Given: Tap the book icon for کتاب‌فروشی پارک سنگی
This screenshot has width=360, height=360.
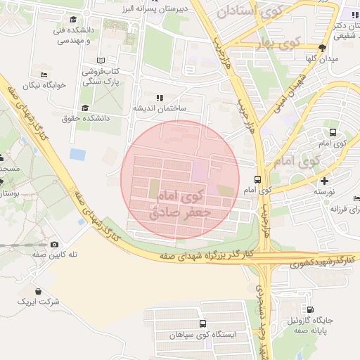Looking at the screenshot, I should coord(101,60).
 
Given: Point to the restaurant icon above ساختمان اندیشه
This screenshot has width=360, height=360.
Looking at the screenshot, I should coord(159,98).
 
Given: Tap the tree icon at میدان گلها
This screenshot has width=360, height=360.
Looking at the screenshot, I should coord(322,48).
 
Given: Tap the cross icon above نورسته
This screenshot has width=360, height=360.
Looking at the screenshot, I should coord(323,181).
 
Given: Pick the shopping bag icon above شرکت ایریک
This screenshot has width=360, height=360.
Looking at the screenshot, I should coord(37,291).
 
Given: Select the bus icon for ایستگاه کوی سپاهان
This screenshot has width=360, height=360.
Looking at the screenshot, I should coord(202,324).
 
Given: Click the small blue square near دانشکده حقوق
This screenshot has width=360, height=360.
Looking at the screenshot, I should coord(77,153).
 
